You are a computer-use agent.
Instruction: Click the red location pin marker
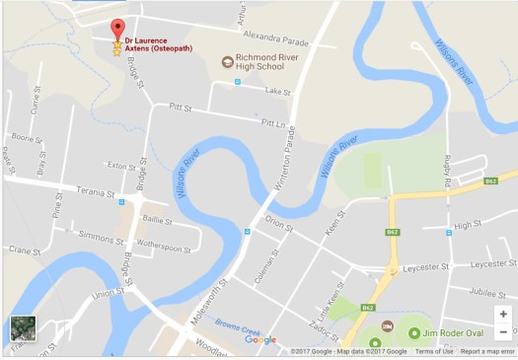pos(117,30)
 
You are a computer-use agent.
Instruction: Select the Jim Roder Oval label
pos(458,333)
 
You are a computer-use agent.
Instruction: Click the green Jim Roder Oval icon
pos(413,333)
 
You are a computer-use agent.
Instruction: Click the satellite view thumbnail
pos(23,329)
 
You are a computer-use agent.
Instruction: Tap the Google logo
pos(260,340)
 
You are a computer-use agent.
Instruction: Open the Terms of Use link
pos(434,351)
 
